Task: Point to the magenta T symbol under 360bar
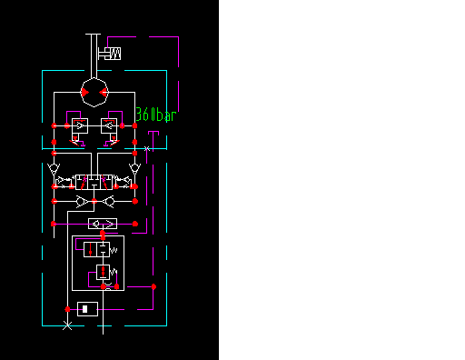click(x=154, y=136)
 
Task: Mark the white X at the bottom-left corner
click(x=66, y=325)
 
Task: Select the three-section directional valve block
click(x=94, y=181)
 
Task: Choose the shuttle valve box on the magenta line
click(x=102, y=223)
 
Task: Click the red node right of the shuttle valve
click(x=135, y=223)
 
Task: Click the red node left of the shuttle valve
click(x=54, y=223)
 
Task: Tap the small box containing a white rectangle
click(x=87, y=308)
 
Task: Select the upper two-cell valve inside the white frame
click(x=98, y=247)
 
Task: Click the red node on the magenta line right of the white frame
click(x=154, y=287)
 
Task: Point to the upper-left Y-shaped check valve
click(x=54, y=169)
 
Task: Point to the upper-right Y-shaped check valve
click(x=134, y=169)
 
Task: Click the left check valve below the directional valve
click(x=82, y=200)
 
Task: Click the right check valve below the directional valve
click(x=108, y=200)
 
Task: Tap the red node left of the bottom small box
click(x=66, y=308)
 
